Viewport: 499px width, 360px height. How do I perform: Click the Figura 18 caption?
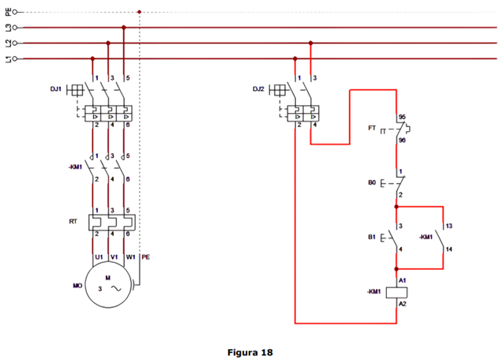[x=249, y=352]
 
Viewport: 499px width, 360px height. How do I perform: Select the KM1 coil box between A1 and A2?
[x=395, y=291]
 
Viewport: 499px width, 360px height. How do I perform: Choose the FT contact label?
[x=372, y=128]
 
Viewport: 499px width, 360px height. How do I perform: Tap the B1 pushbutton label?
[x=371, y=237]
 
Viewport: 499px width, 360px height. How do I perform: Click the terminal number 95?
[x=402, y=116]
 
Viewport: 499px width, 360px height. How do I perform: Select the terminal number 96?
[x=402, y=140]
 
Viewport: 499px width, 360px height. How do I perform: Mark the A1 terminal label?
[x=402, y=279]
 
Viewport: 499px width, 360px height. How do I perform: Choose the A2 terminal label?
[x=402, y=304]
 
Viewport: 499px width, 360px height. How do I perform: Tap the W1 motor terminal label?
[x=131, y=257]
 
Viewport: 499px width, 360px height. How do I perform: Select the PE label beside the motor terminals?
[x=145, y=257]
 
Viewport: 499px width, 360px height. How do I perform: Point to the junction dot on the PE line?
[x=139, y=12]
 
